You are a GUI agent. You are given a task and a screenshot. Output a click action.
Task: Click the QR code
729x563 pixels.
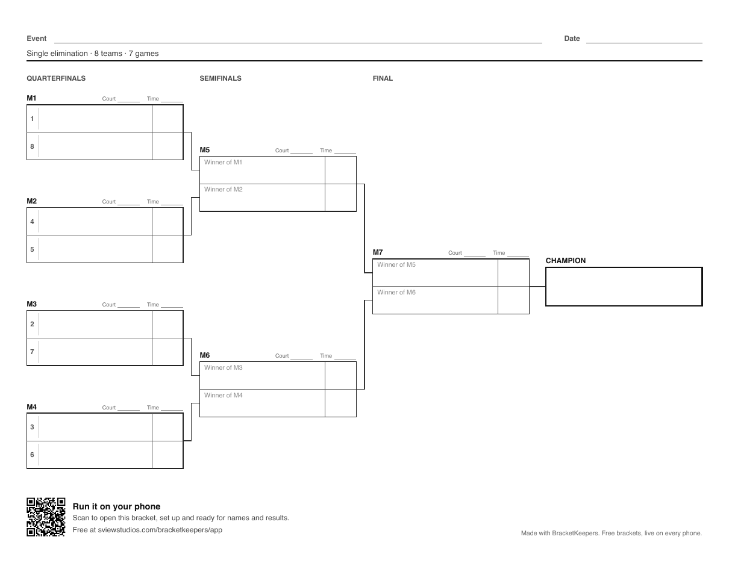tap(46, 517)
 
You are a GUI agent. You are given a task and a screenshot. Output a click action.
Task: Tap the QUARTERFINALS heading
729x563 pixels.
tap(56, 78)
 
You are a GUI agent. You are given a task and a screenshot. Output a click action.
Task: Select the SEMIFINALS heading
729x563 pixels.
tap(221, 78)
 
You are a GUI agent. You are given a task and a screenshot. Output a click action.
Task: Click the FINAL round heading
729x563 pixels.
tap(383, 78)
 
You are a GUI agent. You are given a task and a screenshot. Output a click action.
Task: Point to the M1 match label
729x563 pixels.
tap(31, 98)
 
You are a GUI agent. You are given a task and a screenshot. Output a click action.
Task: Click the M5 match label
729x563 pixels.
tap(205, 150)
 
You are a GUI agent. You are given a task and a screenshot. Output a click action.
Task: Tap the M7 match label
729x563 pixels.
tap(378, 252)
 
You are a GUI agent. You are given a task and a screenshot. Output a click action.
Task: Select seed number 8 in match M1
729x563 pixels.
tap(32, 146)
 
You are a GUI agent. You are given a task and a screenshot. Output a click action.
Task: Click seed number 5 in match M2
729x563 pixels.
tap(32, 249)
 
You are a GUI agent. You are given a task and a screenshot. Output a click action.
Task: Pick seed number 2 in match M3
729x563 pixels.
tap(32, 325)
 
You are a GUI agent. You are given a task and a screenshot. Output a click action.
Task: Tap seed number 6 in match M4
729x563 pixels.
tap(32, 455)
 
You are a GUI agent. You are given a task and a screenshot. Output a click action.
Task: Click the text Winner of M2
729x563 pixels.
tap(223, 190)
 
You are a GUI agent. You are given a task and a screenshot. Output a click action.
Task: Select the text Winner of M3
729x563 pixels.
tap(223, 368)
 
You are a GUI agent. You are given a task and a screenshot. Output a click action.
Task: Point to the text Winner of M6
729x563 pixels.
tap(396, 293)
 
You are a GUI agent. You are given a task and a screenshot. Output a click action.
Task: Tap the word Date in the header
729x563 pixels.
tap(572, 39)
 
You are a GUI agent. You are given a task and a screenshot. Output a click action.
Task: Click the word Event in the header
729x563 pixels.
tap(37, 39)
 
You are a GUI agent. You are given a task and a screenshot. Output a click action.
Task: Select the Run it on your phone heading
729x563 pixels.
tap(116, 506)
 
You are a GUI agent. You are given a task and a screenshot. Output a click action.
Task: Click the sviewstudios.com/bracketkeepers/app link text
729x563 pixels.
tap(160, 530)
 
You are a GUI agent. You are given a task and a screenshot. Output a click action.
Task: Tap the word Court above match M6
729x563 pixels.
tap(282, 356)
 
